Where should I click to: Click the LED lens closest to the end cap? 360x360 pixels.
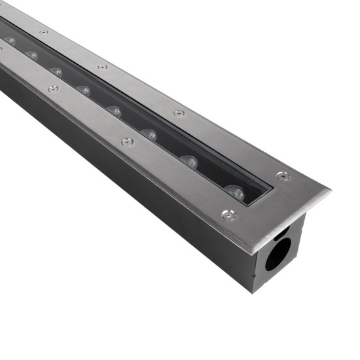pos(234,192)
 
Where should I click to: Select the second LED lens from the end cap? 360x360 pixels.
pos(189,162)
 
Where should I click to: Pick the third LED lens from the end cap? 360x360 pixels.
pos(149,135)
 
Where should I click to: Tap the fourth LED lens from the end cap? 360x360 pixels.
pos(114,111)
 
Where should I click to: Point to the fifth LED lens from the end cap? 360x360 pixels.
pos(83,90)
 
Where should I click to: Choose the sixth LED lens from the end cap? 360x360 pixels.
pos(56,72)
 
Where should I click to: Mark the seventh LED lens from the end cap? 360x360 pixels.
pos(32,56)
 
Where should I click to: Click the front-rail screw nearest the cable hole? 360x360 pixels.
pos(228,215)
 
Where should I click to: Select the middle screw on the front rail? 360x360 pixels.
pos(127,141)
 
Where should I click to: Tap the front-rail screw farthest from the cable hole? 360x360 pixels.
pos(52,88)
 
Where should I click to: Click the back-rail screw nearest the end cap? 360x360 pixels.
pos(282,175)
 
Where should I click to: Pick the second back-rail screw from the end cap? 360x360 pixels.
pos(179,113)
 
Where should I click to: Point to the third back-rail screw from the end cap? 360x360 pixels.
pos(103,67)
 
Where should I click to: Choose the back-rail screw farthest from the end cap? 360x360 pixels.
pos(43,31)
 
